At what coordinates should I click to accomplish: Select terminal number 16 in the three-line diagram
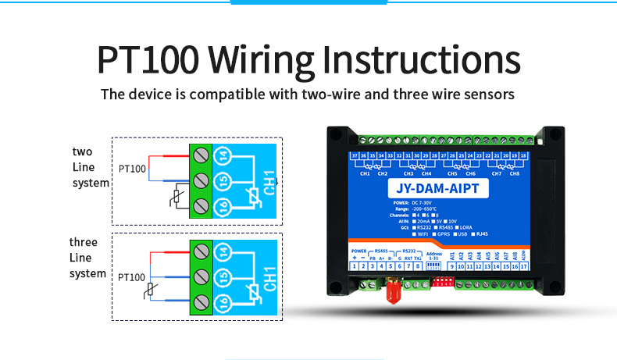(x=223, y=304)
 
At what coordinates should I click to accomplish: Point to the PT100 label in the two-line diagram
(x=132, y=168)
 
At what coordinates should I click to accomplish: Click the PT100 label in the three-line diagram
(x=132, y=276)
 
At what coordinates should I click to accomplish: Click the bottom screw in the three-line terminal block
(x=202, y=302)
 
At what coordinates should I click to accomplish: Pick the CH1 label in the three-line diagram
(x=269, y=278)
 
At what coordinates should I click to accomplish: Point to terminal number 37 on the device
(x=355, y=156)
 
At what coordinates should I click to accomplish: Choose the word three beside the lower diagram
(x=84, y=242)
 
